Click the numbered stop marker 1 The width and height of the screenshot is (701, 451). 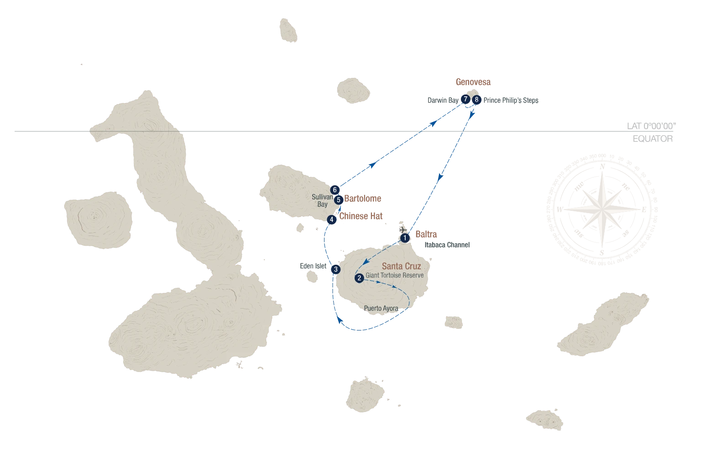pos(404,238)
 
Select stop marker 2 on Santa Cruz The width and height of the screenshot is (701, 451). pos(359,277)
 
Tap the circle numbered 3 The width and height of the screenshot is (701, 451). pos(336,269)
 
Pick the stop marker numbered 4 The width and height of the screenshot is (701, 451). pos(332,219)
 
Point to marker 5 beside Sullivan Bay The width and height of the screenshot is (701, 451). pos(338,199)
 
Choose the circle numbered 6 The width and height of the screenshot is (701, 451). pos(335,189)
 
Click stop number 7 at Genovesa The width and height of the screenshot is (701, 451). pos(466,99)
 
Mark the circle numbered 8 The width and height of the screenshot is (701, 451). pos(476,100)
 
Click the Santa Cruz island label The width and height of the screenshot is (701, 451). pos(401,266)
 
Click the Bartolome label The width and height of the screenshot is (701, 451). pos(363,199)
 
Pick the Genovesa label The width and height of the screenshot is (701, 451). pos(473,83)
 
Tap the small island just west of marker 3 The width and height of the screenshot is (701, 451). pos(313,276)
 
